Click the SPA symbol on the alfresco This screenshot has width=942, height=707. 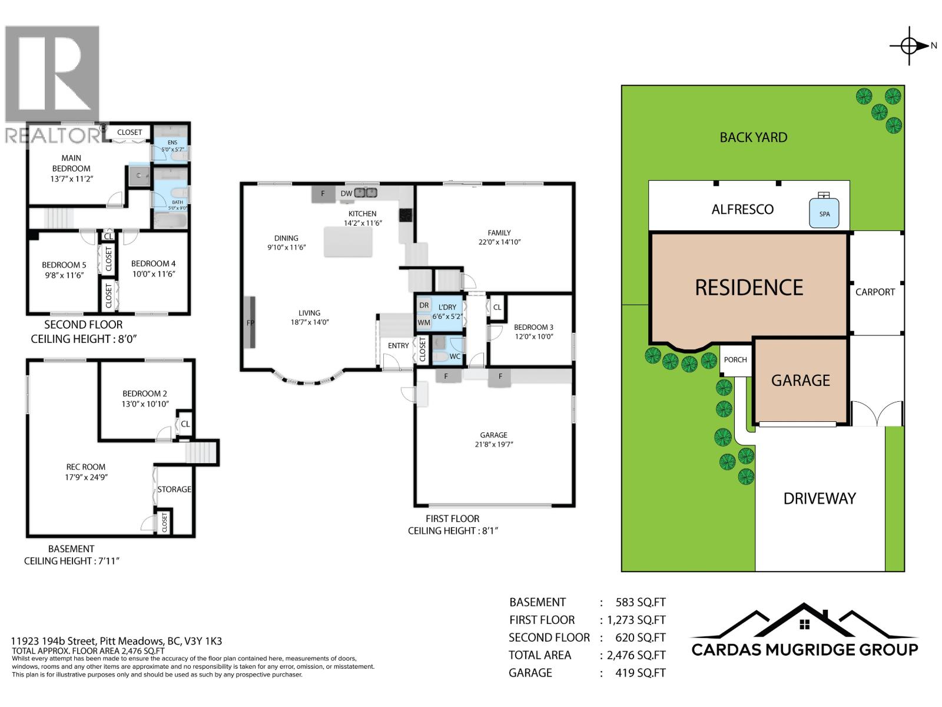pyautogui.click(x=824, y=213)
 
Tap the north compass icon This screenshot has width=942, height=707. pyautogui.click(x=910, y=45)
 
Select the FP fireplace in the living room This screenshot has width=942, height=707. pyautogui.click(x=250, y=323)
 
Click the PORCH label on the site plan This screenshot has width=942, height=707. pyautogui.click(x=735, y=359)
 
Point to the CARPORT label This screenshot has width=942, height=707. pyautogui.click(x=875, y=292)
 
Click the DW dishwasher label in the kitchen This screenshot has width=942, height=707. pyautogui.click(x=346, y=193)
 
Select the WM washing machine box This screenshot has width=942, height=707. pyautogui.click(x=423, y=322)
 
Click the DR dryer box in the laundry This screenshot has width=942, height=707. pyautogui.click(x=424, y=305)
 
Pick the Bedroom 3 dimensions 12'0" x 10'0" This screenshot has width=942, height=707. pyautogui.click(x=533, y=337)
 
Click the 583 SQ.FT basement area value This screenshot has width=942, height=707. pyautogui.click(x=640, y=602)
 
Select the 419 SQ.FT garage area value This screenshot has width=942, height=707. pyautogui.click(x=640, y=673)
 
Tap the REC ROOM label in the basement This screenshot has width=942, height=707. pyautogui.click(x=86, y=467)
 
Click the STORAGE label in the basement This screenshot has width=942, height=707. pyautogui.click(x=174, y=489)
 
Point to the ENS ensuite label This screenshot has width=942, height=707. pyautogui.click(x=173, y=143)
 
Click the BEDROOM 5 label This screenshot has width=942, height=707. pyautogui.click(x=64, y=265)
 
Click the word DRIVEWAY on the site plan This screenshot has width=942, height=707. pyautogui.click(x=820, y=498)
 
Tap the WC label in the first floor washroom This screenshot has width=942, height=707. pyautogui.click(x=455, y=356)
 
